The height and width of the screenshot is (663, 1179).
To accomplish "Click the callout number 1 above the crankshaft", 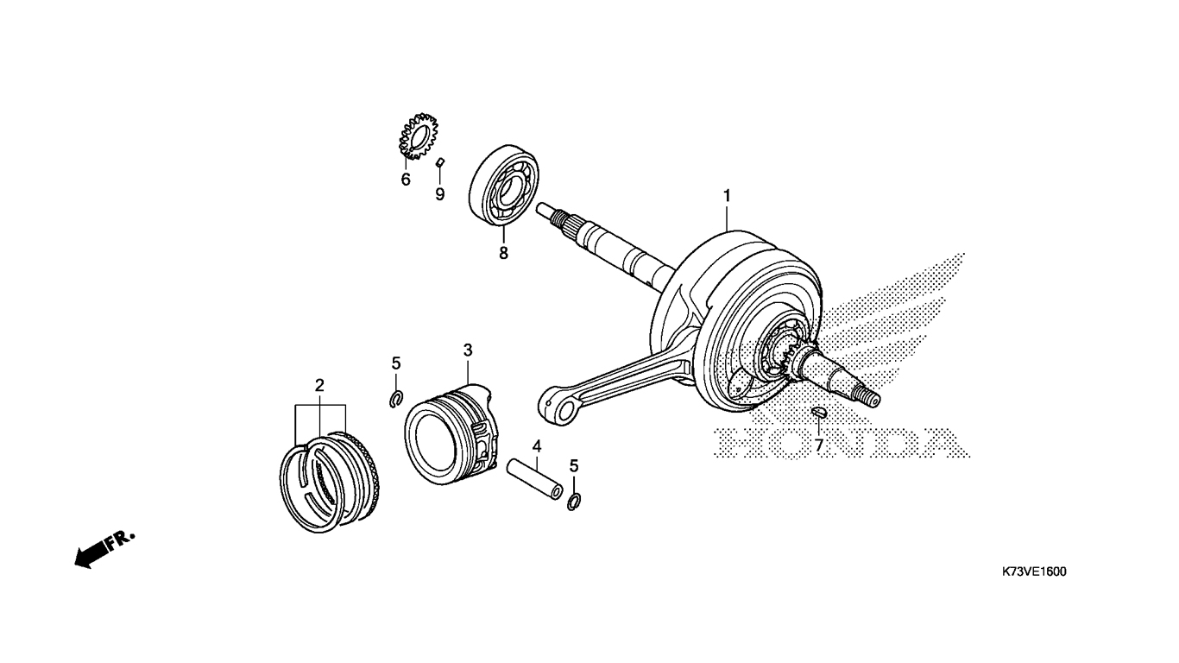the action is tap(727, 197).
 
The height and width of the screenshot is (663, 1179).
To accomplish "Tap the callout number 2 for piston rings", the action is tap(319, 386).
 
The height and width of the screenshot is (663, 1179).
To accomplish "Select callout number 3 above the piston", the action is tap(468, 350).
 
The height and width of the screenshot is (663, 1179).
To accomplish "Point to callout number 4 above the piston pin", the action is tap(536, 446).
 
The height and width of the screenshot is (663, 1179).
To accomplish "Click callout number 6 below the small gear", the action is tap(406, 180).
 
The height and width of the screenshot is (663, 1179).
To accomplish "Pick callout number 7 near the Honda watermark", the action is tap(818, 446).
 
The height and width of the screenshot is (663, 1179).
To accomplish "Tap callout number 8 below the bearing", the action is tap(504, 253).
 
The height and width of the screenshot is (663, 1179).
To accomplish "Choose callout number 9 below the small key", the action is tap(440, 194).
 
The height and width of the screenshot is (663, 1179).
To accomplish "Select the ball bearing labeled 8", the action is tap(504, 185).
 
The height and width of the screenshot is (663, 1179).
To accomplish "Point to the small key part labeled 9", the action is tap(440, 161).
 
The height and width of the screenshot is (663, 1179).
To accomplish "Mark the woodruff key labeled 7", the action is tap(818, 413).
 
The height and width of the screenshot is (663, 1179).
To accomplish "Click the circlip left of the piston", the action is tap(396, 399).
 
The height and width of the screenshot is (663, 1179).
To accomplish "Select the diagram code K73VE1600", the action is tap(1034, 571).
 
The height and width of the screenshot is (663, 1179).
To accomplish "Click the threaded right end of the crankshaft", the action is tap(868, 399).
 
